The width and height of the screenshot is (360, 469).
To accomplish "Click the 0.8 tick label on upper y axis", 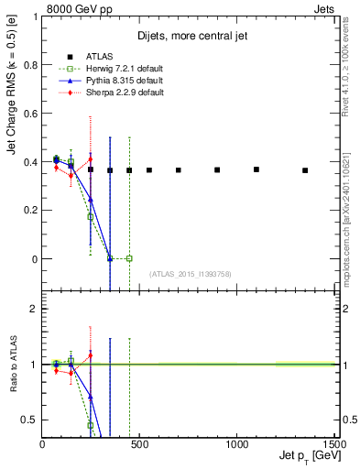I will tap(28, 65).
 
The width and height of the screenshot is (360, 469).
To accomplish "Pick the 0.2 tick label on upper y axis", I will tap(28, 211).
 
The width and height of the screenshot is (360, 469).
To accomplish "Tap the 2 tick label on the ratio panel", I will tap(32, 309).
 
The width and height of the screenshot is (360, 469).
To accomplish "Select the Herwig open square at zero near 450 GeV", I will tap(129, 258).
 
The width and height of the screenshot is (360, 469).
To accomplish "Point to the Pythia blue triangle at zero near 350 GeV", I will tap(110, 258).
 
